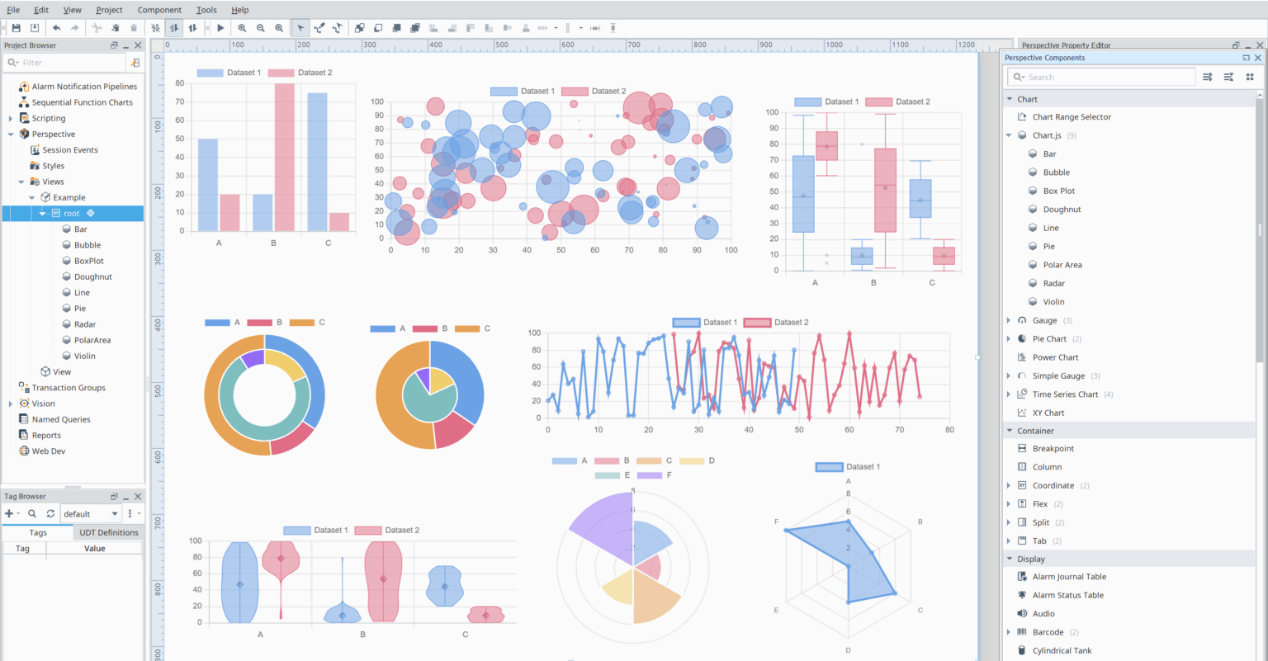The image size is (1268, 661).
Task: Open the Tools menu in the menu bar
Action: click(206, 10)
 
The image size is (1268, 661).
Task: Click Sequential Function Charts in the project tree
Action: click(82, 102)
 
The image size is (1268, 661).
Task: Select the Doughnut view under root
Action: click(92, 276)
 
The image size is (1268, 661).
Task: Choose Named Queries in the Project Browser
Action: click(61, 419)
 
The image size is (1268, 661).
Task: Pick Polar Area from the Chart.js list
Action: click(1062, 265)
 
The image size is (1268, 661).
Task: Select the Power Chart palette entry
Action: click(1055, 357)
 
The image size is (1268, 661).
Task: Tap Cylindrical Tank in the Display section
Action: click(1062, 650)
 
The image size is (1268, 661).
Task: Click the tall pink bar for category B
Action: click(284, 157)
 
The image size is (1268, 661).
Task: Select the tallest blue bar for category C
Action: click(317, 162)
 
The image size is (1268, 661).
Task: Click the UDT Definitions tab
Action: click(108, 532)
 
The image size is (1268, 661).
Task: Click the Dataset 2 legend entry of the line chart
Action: click(776, 322)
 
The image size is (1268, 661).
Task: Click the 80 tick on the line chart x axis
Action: click(949, 429)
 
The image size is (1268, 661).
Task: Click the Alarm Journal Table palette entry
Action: click(1069, 577)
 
